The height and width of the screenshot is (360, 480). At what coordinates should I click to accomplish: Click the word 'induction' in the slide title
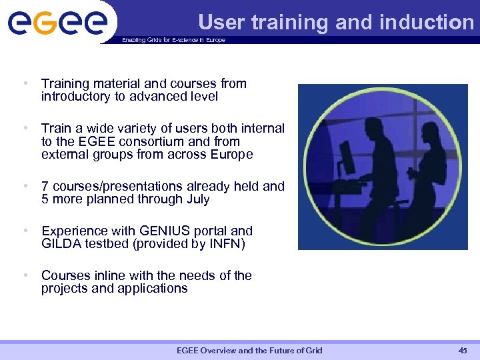(x=426, y=23)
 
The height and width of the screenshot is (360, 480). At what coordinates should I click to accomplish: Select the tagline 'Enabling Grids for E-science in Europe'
(x=173, y=40)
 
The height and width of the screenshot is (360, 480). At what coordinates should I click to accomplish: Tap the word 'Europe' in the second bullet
(x=231, y=155)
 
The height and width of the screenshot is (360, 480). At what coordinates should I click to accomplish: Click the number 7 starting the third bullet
(x=45, y=186)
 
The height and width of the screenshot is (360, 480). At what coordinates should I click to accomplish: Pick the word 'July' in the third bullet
(x=199, y=199)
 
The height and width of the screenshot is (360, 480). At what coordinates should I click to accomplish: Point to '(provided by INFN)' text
(x=189, y=244)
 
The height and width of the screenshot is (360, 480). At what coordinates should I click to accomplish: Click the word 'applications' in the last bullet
(x=155, y=289)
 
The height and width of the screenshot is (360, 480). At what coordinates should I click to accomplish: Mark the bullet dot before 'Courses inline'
(x=25, y=275)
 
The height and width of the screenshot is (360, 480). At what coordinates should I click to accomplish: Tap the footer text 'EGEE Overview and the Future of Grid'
(x=249, y=351)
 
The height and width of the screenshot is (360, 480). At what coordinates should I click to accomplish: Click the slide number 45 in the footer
(x=463, y=351)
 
